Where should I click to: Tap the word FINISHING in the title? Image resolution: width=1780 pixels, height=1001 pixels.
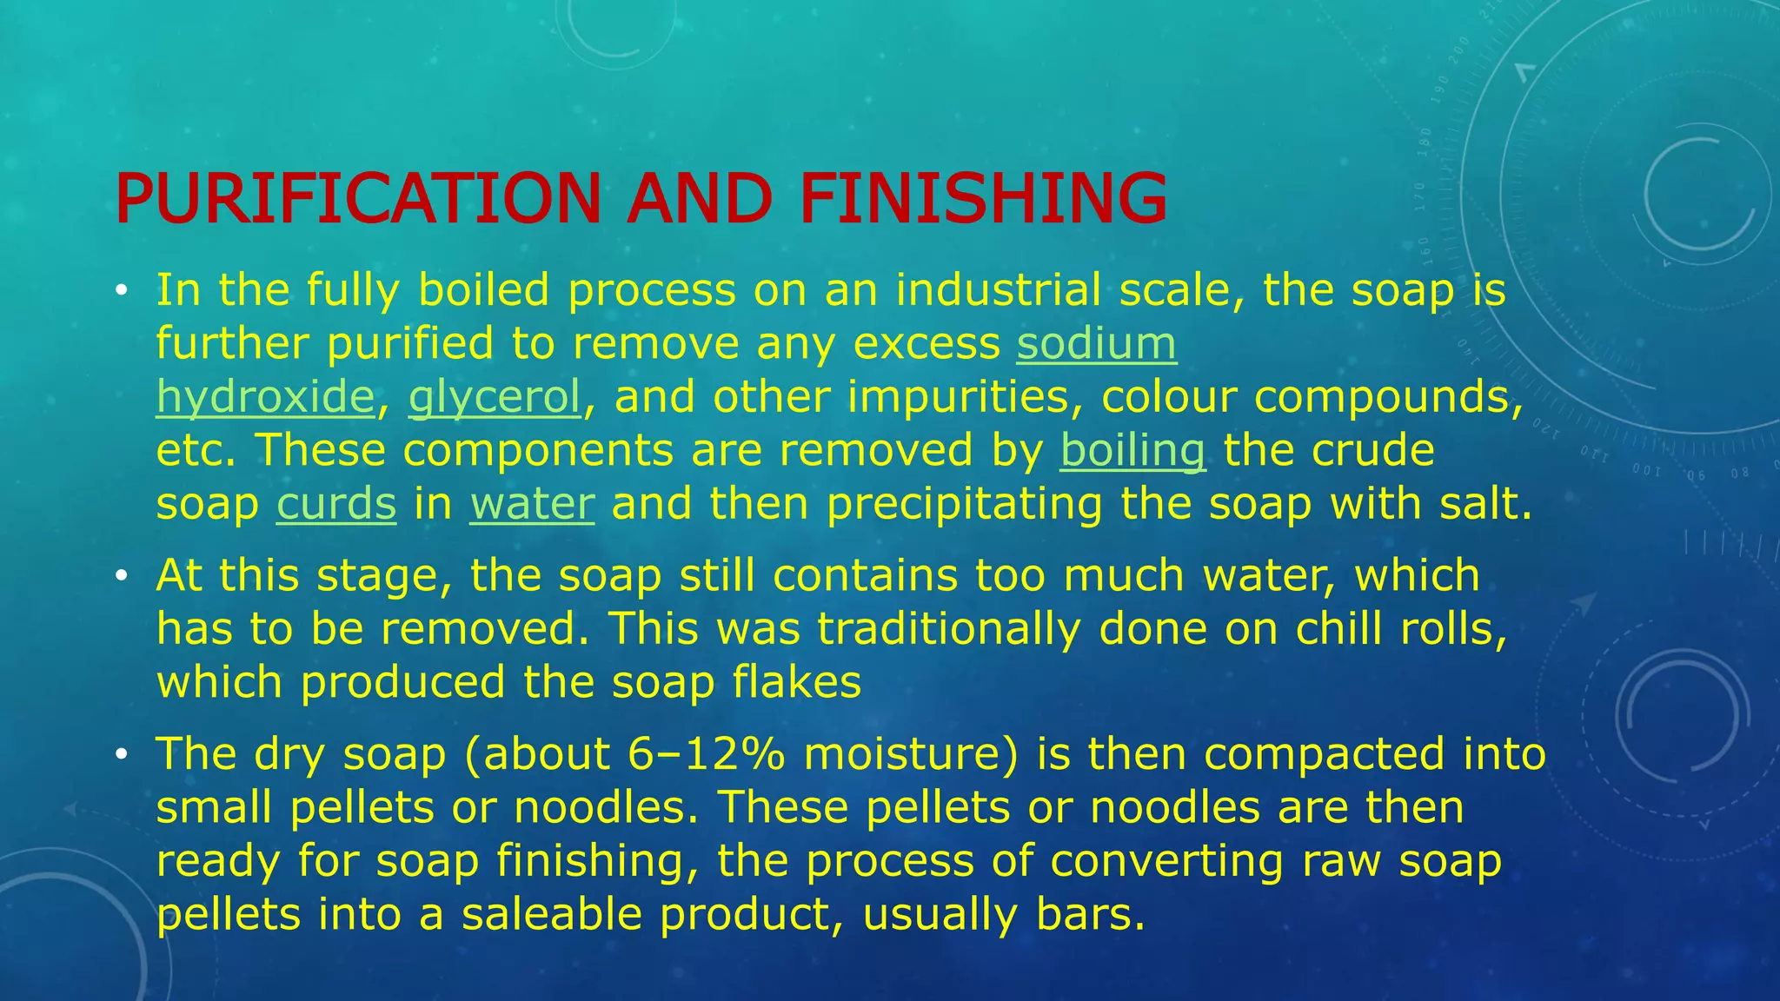pyautogui.click(x=983, y=198)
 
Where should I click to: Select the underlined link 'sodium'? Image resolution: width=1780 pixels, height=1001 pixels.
pyautogui.click(x=1096, y=343)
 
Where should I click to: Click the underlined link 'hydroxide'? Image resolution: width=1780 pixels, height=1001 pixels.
pyautogui.click(x=265, y=397)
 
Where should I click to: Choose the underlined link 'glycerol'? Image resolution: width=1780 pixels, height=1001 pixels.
pyautogui.click(x=495, y=397)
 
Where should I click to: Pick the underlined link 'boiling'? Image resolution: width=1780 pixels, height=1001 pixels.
pyautogui.click(x=1132, y=450)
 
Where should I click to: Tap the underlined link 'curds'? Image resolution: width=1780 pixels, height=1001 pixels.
pyautogui.click(x=336, y=504)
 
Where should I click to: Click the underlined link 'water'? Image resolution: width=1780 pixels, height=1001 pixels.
pyautogui.click(x=532, y=504)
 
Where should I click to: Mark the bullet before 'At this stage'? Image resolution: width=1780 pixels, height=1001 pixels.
pyautogui.click(x=121, y=576)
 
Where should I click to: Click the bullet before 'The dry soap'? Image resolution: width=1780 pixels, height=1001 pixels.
pyautogui.click(x=121, y=754)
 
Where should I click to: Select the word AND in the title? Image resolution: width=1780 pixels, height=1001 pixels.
pyautogui.click(x=701, y=198)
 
